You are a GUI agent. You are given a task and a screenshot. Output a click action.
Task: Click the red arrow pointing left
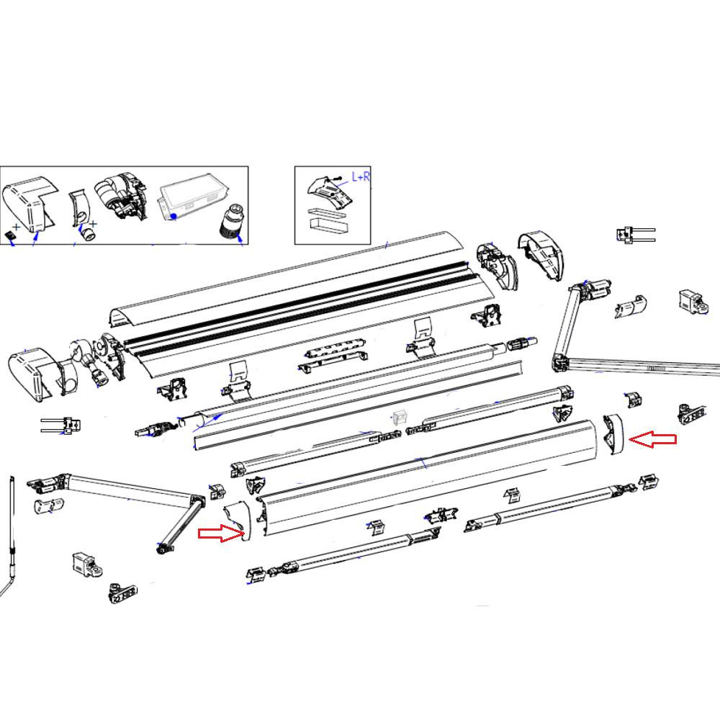[653, 440]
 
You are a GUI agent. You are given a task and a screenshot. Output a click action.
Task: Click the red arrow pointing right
[221, 533]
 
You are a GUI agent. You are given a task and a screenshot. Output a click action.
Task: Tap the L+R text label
[361, 176]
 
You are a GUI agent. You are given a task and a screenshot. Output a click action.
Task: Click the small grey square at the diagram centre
[400, 417]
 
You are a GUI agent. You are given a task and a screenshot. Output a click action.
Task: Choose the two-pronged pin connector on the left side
[63, 426]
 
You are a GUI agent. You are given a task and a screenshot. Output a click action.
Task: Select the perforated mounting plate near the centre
[333, 354]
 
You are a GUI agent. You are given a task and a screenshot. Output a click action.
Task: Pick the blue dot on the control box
[174, 215]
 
